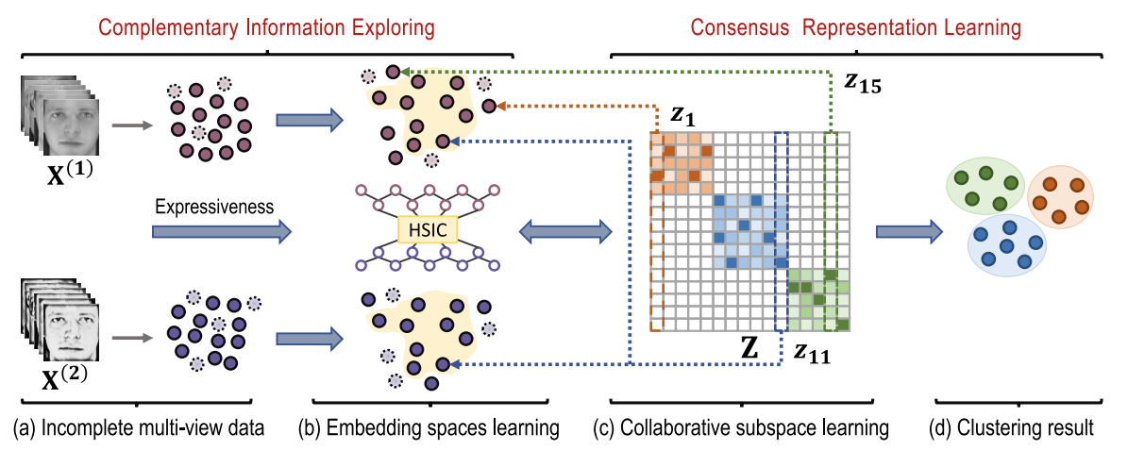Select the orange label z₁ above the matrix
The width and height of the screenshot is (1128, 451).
point(684,114)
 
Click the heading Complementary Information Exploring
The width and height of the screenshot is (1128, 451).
point(267,28)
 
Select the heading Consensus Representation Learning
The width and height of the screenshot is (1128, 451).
point(855,28)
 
